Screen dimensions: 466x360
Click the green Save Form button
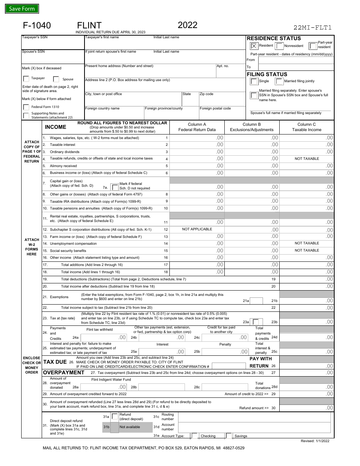22,9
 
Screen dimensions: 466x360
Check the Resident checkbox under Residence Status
254,46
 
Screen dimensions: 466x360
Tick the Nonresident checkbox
279,46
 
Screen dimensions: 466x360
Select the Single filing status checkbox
254,81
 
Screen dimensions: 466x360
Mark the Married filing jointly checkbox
279,81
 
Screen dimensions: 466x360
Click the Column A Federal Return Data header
197,127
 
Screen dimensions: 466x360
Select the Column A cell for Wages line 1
197,138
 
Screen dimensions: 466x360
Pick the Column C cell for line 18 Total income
307,272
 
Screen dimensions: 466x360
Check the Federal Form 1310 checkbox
26,107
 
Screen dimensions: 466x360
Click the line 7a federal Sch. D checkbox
114,187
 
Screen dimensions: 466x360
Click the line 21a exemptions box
257,301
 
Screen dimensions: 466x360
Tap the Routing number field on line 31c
256,417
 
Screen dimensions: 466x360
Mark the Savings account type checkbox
229,436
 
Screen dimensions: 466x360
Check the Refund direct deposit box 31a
115,417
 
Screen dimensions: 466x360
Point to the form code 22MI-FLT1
313,27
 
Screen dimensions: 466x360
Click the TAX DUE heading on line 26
55,362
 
